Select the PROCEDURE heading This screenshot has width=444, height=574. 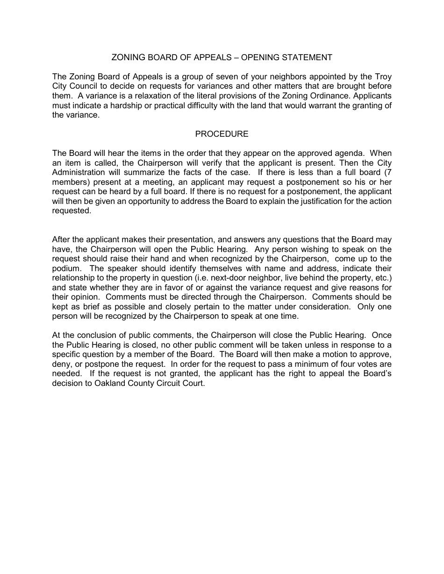(222, 134)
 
